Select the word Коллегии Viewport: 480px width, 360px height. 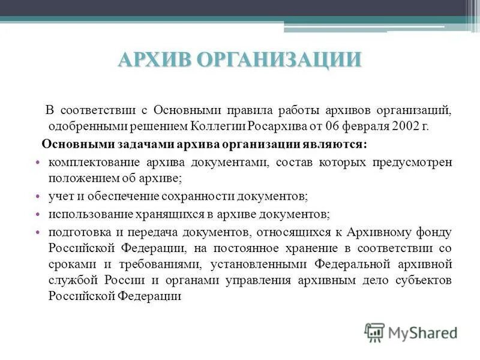click(x=220, y=126)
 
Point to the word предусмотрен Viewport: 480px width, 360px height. click(x=417, y=163)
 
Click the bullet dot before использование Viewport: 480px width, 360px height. click(x=37, y=214)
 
